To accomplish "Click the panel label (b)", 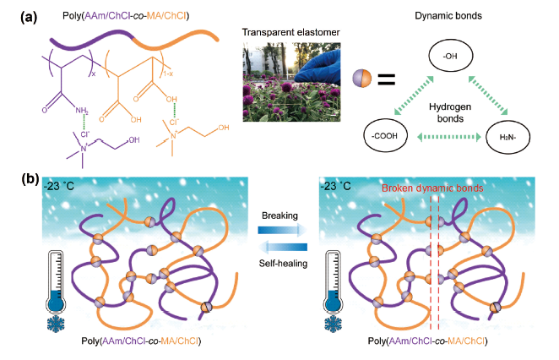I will [x=17, y=179].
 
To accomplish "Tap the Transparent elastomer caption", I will [x=279, y=31].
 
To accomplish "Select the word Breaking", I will [x=279, y=215].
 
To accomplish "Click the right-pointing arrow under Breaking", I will [x=279, y=229].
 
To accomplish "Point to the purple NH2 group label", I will [x=79, y=109].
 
